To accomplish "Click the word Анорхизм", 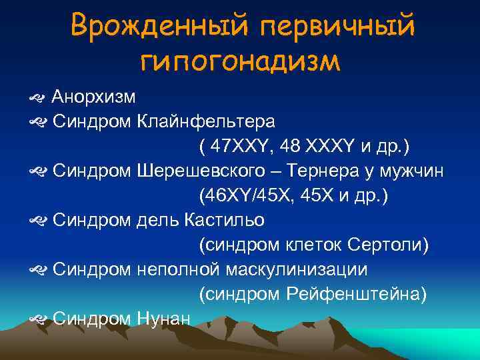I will click(x=94, y=97).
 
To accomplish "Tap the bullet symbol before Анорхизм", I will click(x=37, y=98).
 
